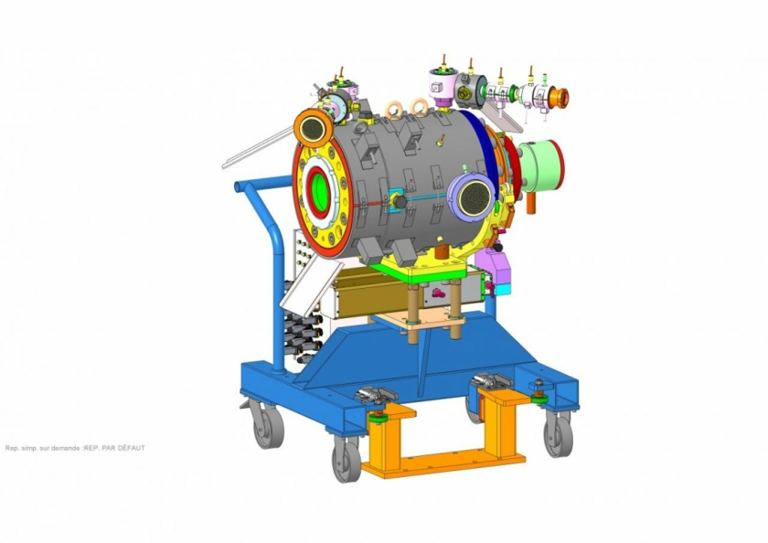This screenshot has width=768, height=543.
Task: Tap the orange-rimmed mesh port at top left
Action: coord(313,128)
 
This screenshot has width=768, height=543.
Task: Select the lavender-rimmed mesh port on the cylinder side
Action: coord(472,194)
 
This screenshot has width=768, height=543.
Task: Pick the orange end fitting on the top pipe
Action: coord(557,95)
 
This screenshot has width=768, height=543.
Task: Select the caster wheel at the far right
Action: coord(557,433)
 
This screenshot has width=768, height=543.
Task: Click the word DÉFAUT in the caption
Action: coord(130,448)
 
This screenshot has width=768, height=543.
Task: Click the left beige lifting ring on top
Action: coord(396,110)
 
